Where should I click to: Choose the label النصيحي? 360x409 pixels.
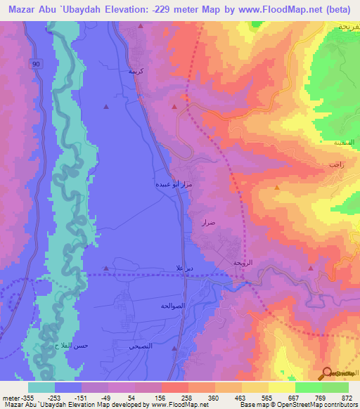141,346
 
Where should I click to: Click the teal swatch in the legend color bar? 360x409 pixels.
41,387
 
